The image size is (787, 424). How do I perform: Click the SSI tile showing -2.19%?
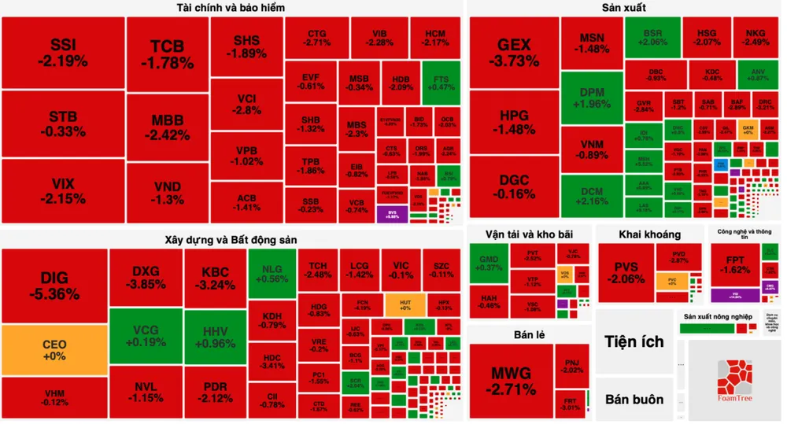63,52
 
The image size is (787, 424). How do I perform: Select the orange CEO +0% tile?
54,349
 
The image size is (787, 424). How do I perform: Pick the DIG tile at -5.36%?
54,286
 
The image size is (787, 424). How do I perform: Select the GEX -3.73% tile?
514,52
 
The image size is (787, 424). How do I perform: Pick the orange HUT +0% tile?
405,304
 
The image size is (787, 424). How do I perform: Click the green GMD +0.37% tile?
488,263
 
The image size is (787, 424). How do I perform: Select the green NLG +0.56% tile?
272,272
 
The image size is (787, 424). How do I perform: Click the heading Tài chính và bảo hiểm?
231,8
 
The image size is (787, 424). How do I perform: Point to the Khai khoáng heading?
649,234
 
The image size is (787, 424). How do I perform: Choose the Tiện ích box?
634,341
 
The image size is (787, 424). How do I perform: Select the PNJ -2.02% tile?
571,365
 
